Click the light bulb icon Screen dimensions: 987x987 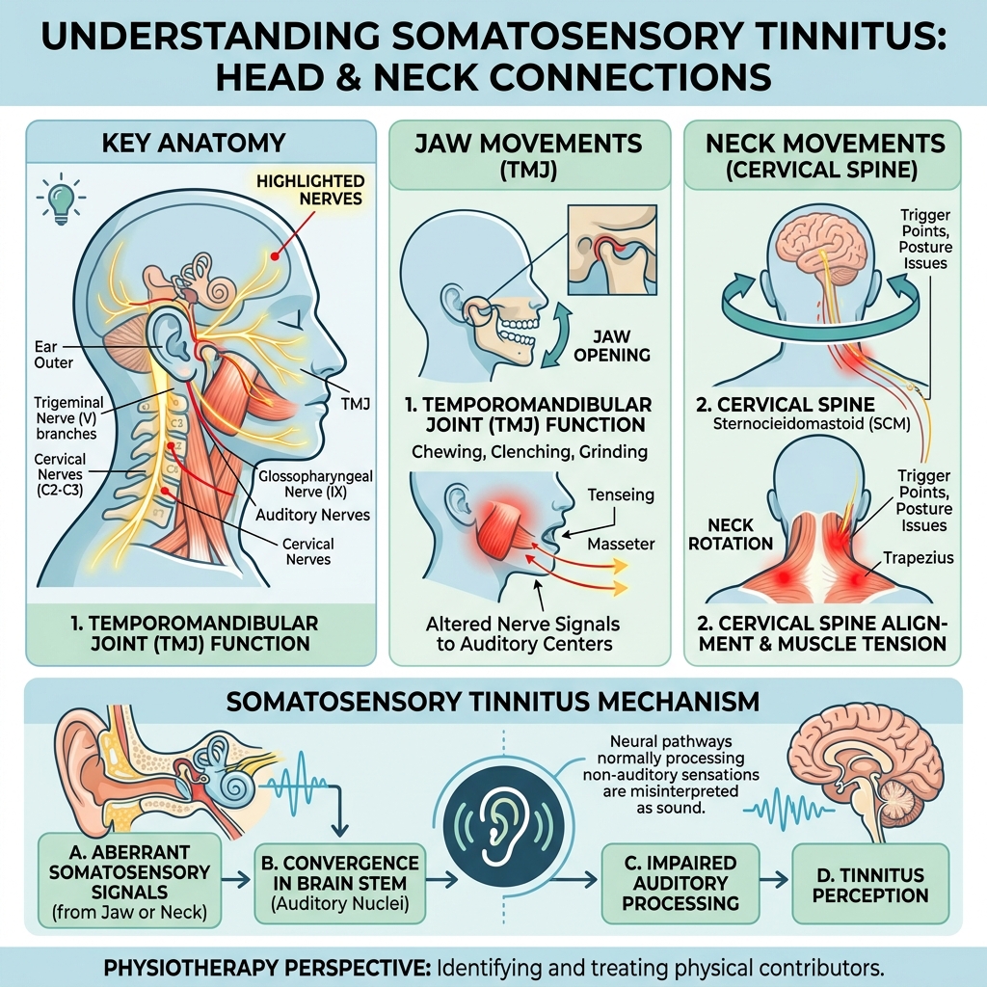[x=61, y=199]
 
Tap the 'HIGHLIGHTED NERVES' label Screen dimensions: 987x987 [x=310, y=190]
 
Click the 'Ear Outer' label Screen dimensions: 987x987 [x=54, y=355]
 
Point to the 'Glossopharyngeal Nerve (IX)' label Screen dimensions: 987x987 [x=315, y=484]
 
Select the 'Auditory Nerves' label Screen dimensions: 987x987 [x=313, y=515]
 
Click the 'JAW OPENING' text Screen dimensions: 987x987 [x=612, y=346]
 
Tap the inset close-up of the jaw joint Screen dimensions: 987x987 [x=612, y=250]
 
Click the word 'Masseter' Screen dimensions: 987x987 [x=621, y=544]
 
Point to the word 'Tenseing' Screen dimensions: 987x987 [x=621, y=495]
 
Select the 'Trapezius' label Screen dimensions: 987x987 [x=918, y=558]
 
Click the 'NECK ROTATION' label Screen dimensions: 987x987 [x=731, y=534]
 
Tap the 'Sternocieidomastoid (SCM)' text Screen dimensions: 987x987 [x=812, y=424]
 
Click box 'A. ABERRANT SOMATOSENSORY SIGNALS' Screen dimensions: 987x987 [x=130, y=881]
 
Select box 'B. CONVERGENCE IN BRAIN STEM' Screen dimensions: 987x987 [x=340, y=883]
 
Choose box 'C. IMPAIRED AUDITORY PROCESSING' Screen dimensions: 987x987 [x=680, y=883]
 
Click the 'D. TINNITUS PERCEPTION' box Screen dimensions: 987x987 [x=870, y=883]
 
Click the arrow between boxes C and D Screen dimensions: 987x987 [x=775, y=879]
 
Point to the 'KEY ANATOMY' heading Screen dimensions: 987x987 [x=193, y=143]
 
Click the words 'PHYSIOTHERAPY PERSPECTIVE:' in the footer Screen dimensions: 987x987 [x=267, y=967]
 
